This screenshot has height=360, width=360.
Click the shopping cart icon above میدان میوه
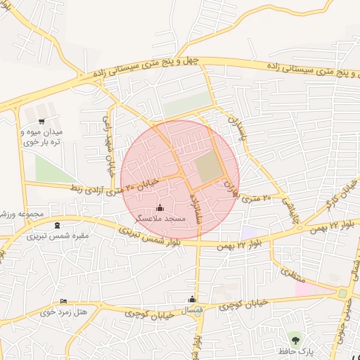click(x=41, y=121)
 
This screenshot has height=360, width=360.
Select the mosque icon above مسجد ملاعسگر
click(x=160, y=207)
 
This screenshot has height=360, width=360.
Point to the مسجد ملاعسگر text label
click(x=160, y=219)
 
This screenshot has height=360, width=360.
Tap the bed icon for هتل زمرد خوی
click(x=64, y=301)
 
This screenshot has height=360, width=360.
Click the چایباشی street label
click(x=290, y=210)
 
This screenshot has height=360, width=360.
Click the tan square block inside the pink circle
click(x=208, y=167)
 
